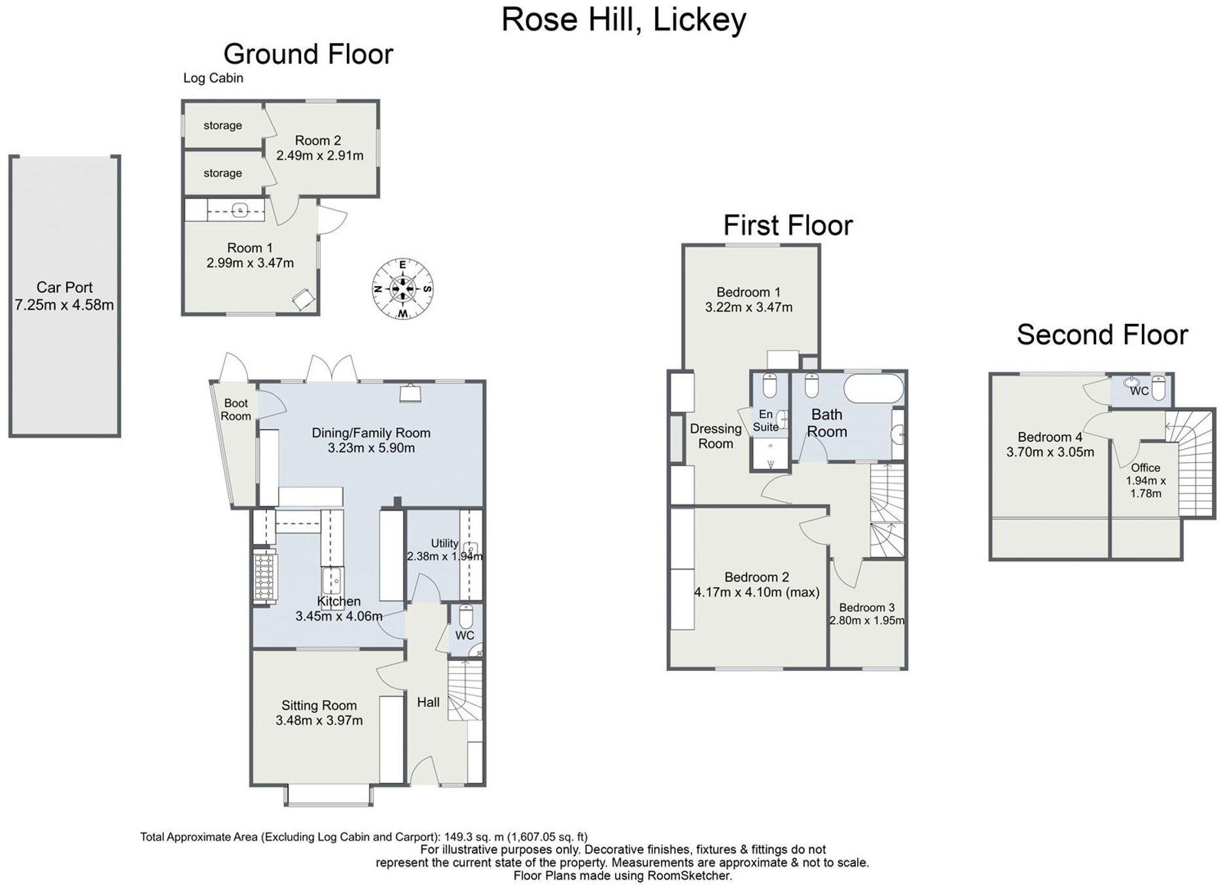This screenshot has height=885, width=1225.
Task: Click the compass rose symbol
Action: (x=402, y=289)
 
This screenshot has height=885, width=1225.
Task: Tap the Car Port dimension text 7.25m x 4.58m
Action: (x=64, y=305)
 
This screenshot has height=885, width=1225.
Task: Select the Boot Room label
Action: (x=236, y=410)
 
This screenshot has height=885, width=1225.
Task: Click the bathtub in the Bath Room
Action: (x=874, y=388)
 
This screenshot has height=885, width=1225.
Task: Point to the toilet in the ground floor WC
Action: (x=465, y=616)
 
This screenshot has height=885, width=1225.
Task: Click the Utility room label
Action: (x=444, y=543)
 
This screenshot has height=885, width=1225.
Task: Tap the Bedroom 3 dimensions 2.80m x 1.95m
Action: (x=867, y=621)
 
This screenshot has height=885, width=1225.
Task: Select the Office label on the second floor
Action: (x=1145, y=467)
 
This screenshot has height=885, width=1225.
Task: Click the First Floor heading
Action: (x=788, y=225)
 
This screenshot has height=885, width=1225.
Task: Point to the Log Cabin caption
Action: (x=213, y=78)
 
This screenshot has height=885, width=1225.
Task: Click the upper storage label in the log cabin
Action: (x=222, y=125)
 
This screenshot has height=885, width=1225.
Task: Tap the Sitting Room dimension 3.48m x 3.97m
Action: (x=319, y=721)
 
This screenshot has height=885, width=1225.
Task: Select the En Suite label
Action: (x=766, y=420)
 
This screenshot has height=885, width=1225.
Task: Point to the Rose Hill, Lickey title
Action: (x=623, y=19)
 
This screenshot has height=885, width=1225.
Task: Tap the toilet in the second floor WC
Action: (x=1158, y=388)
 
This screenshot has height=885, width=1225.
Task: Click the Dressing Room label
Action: (x=715, y=436)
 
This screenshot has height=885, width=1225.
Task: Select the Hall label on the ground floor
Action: (x=428, y=702)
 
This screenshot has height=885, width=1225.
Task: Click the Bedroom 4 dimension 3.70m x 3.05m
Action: (x=1050, y=452)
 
